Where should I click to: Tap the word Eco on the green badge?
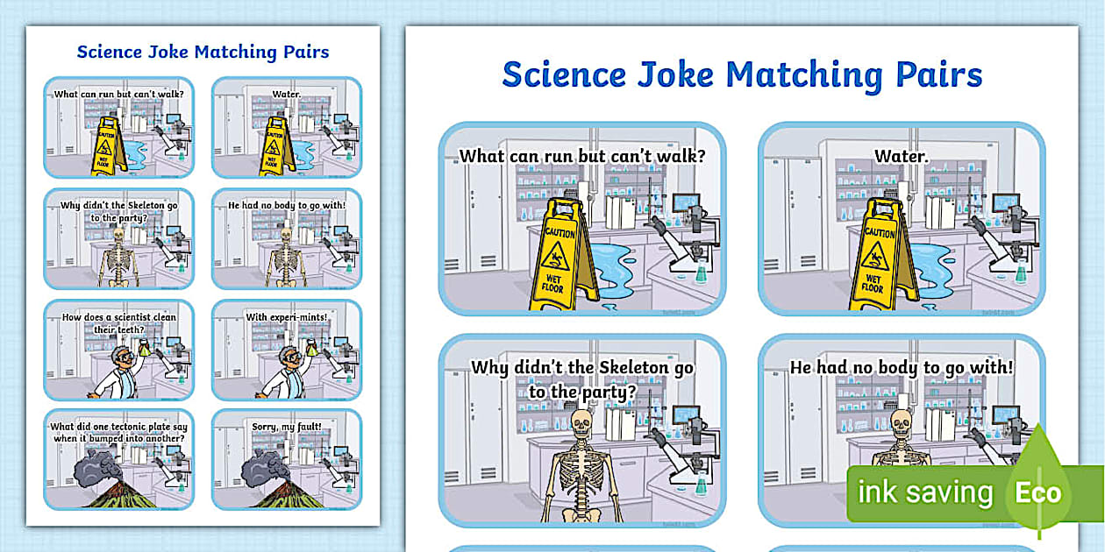coord(1038,492)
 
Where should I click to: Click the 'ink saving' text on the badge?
coord(924,492)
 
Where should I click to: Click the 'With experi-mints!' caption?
coord(286,317)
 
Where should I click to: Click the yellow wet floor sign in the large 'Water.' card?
coord(879,254)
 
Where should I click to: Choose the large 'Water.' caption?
coord(901,157)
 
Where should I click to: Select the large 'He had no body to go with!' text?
coord(901,368)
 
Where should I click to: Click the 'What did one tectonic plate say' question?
coord(118,432)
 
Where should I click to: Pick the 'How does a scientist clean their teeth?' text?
coord(118,323)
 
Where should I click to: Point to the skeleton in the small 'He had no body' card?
coord(284,255)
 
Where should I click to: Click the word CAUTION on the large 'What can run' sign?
coord(560,234)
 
